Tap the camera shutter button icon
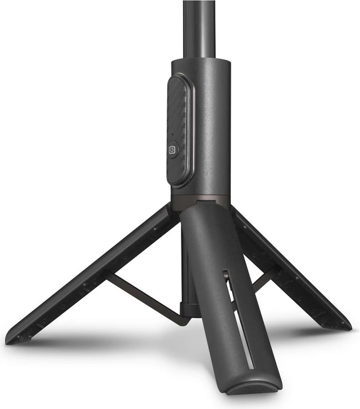click(172, 150)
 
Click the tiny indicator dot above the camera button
click(172, 135)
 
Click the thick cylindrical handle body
click(211, 125)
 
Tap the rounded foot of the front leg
click(255, 386)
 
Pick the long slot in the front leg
click(240, 318)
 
